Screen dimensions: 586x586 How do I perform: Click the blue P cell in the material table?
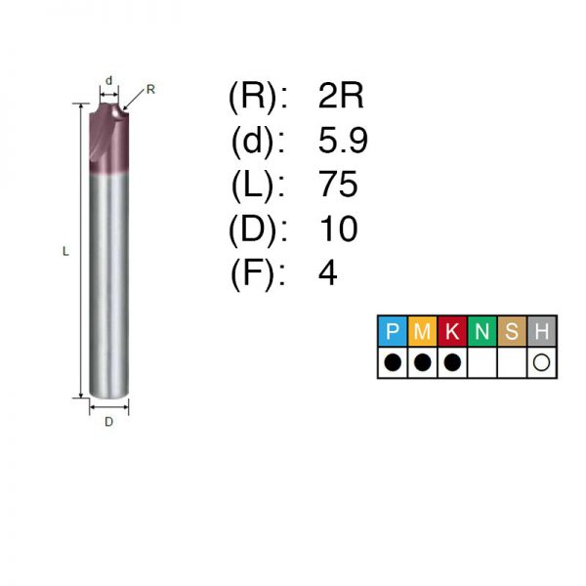tap(393, 331)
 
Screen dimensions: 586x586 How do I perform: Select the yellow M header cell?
tap(422, 331)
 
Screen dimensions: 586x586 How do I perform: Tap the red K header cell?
tap(452, 331)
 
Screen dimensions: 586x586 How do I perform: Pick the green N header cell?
tap(482, 331)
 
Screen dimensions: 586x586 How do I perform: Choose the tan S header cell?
tap(512, 331)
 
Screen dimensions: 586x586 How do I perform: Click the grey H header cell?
tap(542, 331)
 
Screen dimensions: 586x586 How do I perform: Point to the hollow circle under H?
tap(541, 362)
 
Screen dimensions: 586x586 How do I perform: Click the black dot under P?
tap(393, 362)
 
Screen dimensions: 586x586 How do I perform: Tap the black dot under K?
tap(452, 362)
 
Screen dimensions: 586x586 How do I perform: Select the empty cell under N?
tap(482, 362)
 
